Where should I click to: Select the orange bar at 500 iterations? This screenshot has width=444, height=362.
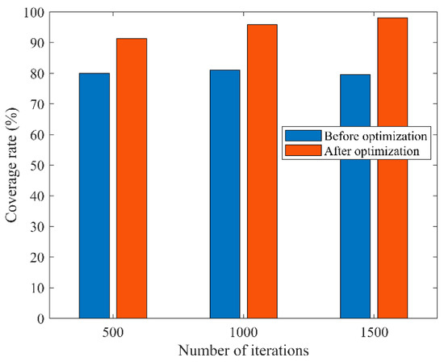132,178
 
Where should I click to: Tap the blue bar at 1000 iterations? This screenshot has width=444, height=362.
224,194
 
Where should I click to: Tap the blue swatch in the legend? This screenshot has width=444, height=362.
299,136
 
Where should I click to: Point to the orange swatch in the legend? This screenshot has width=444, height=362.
299,149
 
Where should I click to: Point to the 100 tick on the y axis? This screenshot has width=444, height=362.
35,12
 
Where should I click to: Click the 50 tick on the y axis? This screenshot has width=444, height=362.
37,165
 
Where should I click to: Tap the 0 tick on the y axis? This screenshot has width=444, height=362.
40,318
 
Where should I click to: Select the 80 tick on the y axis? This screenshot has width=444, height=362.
37,74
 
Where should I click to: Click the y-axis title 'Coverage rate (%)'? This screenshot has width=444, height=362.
12,165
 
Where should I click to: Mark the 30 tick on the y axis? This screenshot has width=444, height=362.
37,226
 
